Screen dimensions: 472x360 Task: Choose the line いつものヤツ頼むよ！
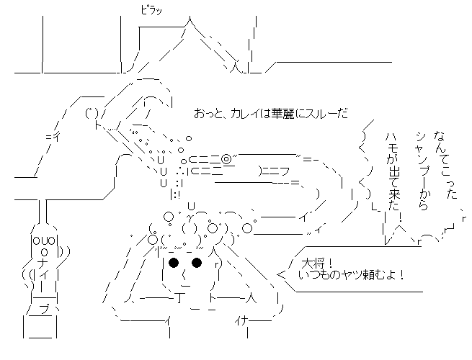coord(352,274)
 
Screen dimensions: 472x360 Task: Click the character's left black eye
coord(174,263)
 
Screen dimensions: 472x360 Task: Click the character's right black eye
coord(197,263)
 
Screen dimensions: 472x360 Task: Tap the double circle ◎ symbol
coord(226,158)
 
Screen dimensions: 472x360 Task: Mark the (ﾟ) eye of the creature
coord(91,112)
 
